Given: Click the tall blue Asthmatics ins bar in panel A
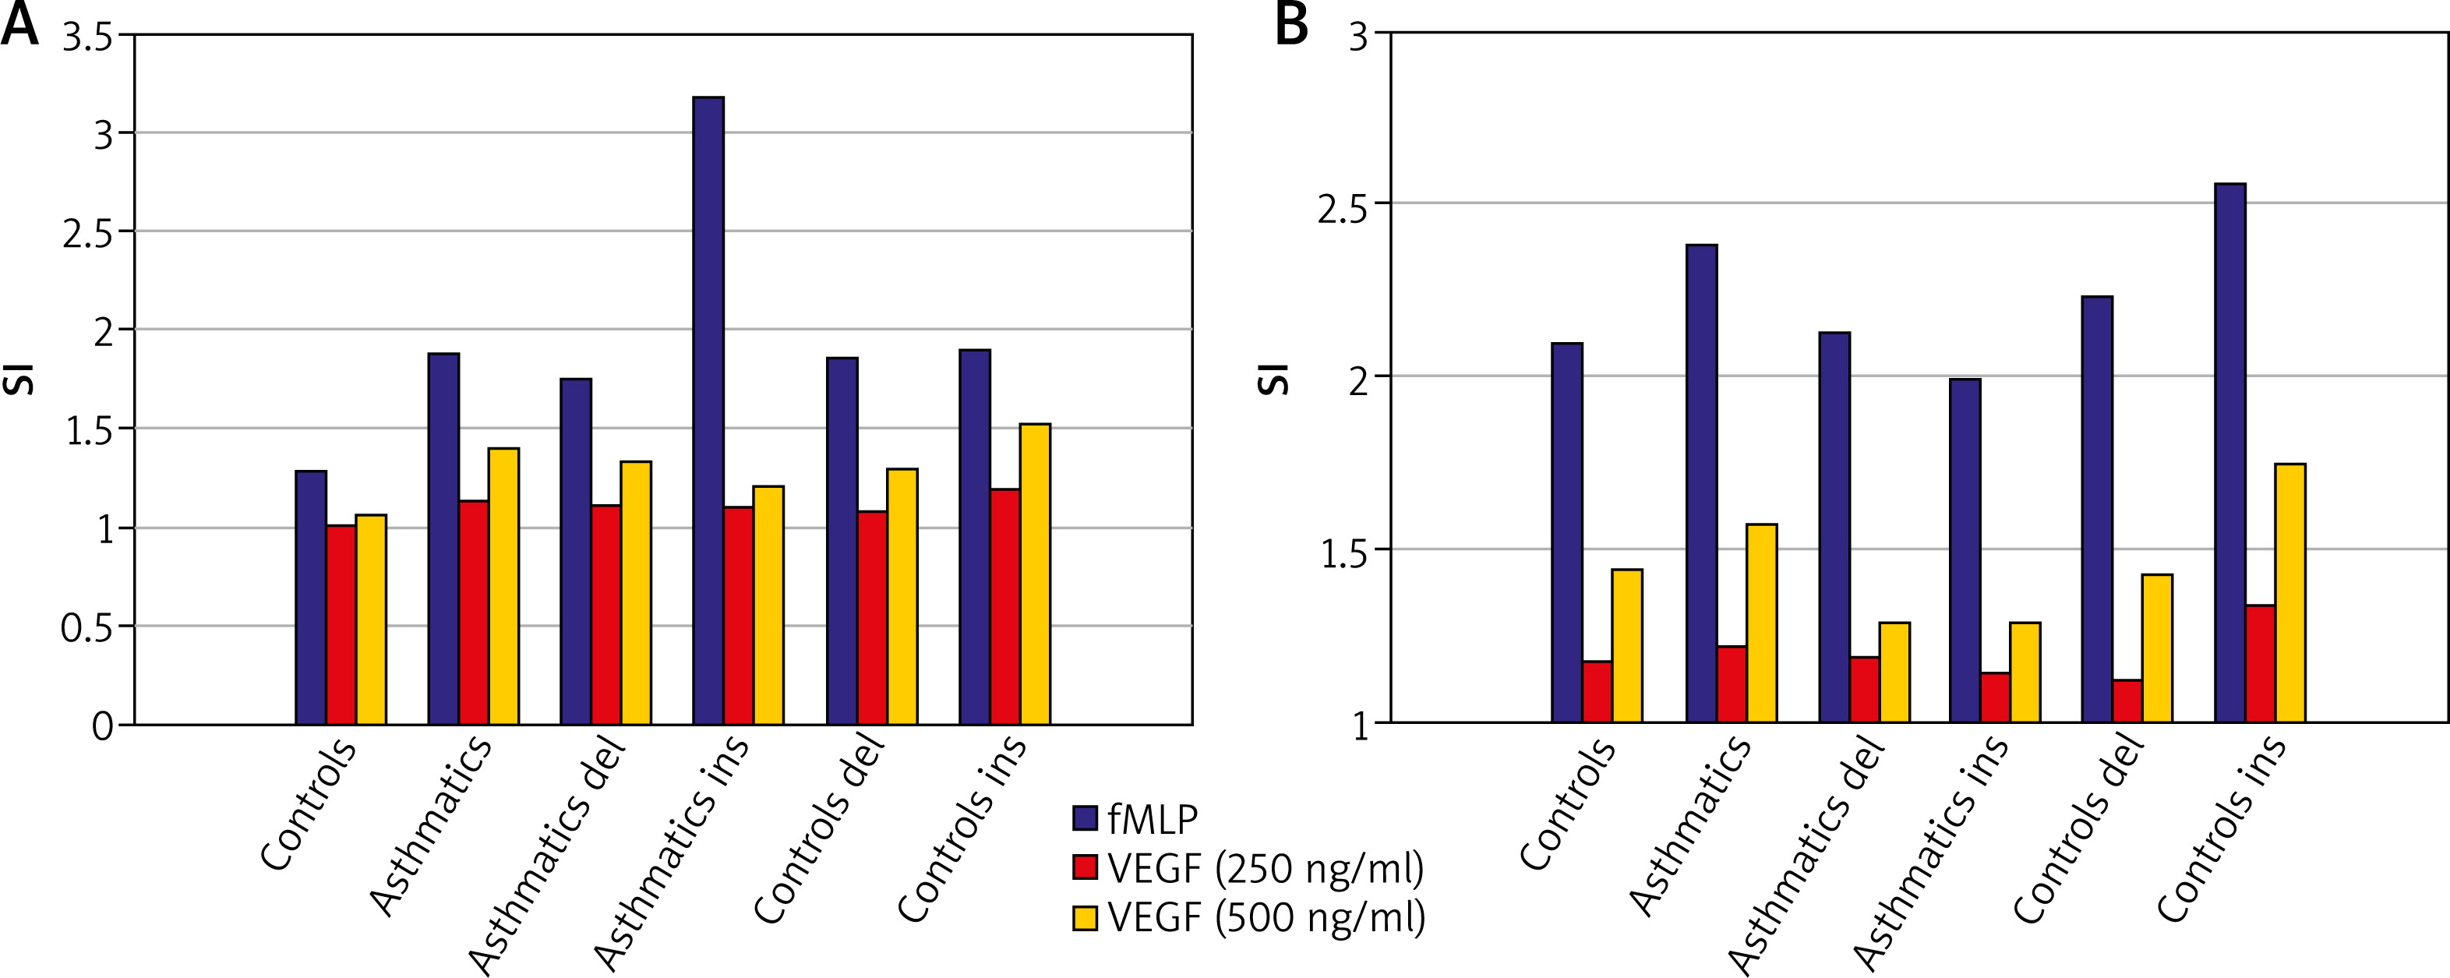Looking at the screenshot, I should [708, 410].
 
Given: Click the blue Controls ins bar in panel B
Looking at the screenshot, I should [2230, 453].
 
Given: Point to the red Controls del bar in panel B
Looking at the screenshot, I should [2127, 701].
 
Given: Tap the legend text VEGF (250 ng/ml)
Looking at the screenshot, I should [1266, 867].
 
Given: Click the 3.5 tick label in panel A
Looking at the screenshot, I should [86, 38].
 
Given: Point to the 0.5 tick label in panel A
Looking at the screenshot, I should [86, 628].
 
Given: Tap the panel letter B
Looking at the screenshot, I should [1290, 25].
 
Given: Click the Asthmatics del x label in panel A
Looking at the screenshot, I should [547, 856].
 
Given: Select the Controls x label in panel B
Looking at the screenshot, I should [1567, 805].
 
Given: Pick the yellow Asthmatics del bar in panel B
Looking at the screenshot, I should [1894, 672].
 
